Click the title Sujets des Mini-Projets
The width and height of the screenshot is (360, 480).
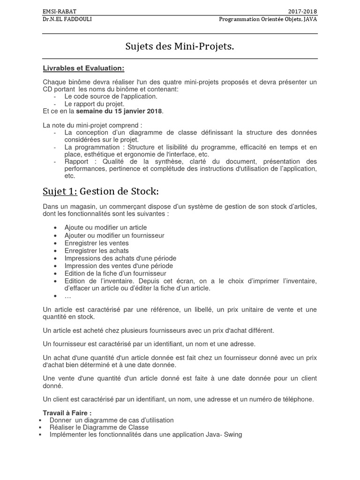click(x=180, y=46)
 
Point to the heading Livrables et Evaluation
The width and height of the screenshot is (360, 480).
click(x=83, y=68)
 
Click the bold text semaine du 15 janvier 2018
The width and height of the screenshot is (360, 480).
click(x=119, y=111)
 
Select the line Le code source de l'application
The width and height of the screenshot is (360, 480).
click(x=111, y=96)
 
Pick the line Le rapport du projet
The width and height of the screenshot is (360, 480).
click(x=94, y=104)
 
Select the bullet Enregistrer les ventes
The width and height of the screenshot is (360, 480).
click(x=97, y=243)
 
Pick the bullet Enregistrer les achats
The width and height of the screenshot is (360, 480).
click(x=97, y=251)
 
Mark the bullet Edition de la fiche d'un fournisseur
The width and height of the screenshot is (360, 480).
click(x=115, y=273)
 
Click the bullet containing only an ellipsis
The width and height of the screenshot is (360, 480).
click(x=68, y=296)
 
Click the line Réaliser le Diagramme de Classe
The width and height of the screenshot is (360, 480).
click(x=98, y=427)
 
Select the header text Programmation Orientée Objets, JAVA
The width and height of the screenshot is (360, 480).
click(x=268, y=19)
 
